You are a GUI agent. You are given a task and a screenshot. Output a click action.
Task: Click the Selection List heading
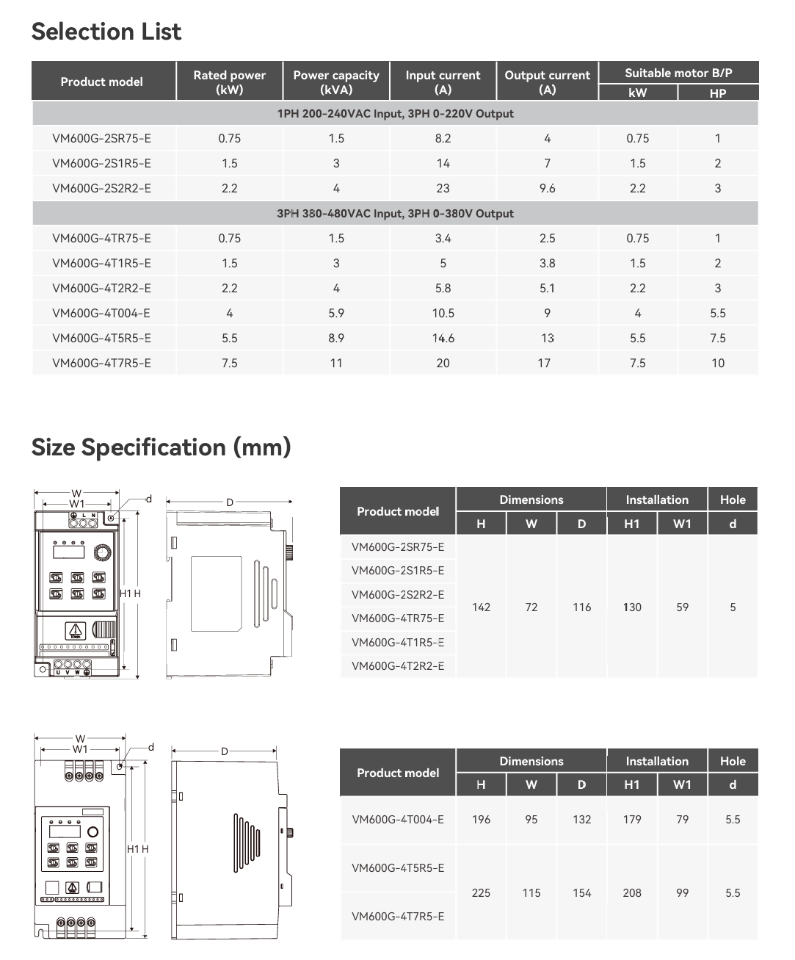click(x=106, y=32)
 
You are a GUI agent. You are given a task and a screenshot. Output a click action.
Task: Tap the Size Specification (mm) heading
click(x=161, y=447)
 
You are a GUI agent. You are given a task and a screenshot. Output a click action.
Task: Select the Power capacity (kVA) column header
click(x=336, y=82)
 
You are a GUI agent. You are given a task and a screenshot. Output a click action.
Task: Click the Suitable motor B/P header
click(x=678, y=73)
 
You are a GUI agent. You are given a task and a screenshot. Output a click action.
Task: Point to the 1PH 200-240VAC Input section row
click(x=395, y=114)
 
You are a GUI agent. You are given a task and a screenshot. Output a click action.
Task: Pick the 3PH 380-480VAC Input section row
click(x=395, y=214)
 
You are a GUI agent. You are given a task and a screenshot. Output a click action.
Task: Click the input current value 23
click(x=443, y=189)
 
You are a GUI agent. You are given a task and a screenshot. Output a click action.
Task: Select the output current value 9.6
click(x=547, y=189)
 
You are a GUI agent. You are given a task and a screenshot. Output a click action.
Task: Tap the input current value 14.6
click(x=443, y=339)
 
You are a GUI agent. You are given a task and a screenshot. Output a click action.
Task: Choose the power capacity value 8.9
click(x=336, y=339)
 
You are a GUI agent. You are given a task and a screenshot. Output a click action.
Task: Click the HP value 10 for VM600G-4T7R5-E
click(x=717, y=364)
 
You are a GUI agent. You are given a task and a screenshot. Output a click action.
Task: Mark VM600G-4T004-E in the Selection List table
click(x=101, y=314)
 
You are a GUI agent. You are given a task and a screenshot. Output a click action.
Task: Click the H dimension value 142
click(x=481, y=607)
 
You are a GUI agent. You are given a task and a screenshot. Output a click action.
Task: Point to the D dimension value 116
click(x=581, y=607)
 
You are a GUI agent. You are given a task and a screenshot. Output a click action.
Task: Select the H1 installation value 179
click(x=632, y=820)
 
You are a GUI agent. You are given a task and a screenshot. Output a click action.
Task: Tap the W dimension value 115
click(x=531, y=893)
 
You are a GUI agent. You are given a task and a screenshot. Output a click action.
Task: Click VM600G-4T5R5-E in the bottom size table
click(x=398, y=868)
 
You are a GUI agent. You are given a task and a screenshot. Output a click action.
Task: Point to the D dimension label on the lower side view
click(x=225, y=751)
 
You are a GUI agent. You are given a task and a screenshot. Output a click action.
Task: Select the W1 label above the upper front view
click(x=77, y=504)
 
